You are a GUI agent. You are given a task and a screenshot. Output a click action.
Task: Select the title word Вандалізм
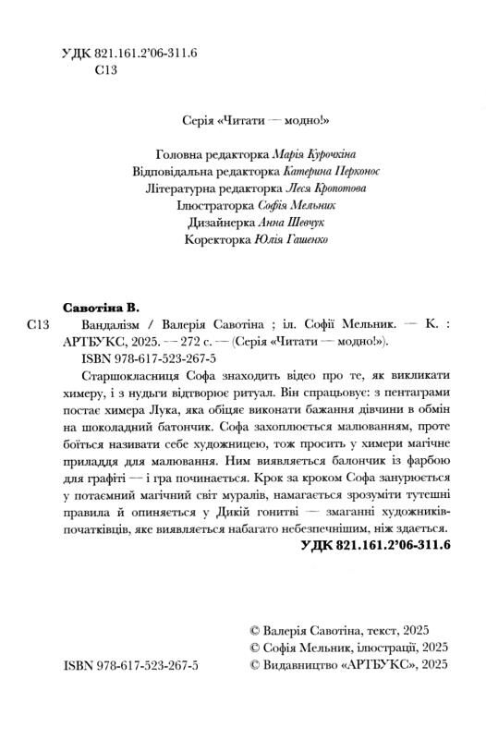coord(100,324)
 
